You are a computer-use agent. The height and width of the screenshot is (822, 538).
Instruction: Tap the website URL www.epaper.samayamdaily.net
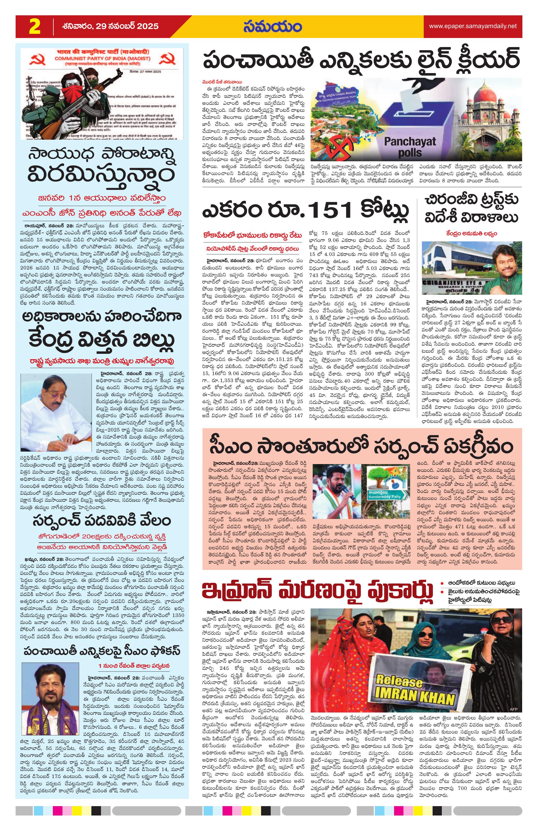(473, 26)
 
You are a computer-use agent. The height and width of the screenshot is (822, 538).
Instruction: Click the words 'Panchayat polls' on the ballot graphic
(410, 147)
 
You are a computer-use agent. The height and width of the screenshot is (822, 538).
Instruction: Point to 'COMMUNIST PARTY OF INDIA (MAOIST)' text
(102, 59)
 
